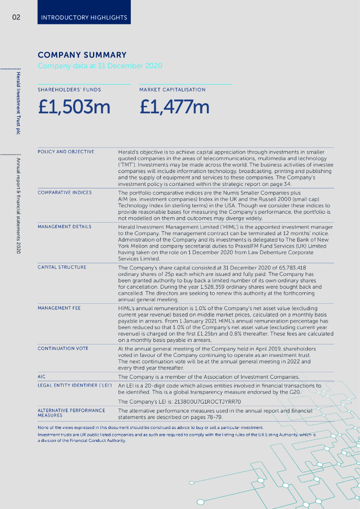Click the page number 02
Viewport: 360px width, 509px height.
point(16,17)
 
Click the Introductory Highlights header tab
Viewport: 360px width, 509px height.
point(84,17)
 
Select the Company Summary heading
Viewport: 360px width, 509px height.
point(82,55)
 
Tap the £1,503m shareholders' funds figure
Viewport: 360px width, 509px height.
point(74,107)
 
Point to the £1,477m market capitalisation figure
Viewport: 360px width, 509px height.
point(175,107)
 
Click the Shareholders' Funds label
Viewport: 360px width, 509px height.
point(69,90)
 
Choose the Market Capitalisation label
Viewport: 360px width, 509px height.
point(172,90)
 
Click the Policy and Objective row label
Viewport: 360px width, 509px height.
point(66,152)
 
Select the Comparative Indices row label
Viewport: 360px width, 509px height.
point(65,192)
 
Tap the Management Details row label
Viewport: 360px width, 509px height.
point(65,227)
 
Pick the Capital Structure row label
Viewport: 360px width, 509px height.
point(62,267)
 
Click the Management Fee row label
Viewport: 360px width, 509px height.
point(59,308)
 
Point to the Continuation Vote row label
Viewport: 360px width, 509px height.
point(63,348)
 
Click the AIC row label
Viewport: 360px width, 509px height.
point(42,377)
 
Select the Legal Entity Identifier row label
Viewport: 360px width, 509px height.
point(75,386)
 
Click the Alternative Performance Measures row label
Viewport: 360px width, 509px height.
point(72,413)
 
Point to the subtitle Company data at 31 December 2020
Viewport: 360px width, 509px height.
point(100,66)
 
